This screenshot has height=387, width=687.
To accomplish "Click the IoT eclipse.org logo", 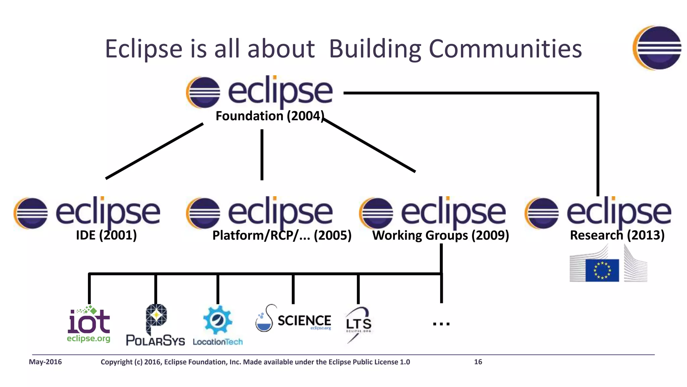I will (89, 324).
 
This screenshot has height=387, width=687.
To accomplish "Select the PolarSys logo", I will (156, 325).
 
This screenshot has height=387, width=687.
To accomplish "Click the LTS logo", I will (358, 324).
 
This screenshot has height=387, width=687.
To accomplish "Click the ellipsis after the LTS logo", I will (441, 324).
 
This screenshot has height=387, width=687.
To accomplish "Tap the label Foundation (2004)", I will (269, 116).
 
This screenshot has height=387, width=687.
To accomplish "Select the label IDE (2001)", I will (106, 235).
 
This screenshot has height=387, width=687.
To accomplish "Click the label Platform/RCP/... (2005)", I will (282, 235).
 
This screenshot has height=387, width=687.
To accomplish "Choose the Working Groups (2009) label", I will (440, 235).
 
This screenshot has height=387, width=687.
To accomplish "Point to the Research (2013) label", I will (617, 235).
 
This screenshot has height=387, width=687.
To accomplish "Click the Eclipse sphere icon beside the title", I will (657, 48).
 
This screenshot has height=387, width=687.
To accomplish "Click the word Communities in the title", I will (505, 49).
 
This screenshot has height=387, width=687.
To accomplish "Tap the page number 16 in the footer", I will (478, 362).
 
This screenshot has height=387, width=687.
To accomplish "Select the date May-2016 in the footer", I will (45, 362).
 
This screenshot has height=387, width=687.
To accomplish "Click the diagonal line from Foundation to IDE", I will (154, 151).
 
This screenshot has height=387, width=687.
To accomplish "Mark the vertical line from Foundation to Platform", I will (262, 155).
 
